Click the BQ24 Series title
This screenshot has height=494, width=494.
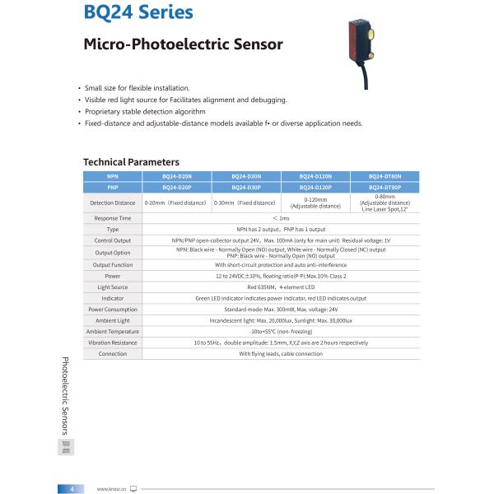[x=138, y=13]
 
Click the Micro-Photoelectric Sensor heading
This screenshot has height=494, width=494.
[x=183, y=44]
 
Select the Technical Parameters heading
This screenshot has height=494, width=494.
[x=131, y=162]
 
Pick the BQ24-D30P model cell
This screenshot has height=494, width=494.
[x=246, y=187]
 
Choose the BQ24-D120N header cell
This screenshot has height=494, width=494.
[x=315, y=176]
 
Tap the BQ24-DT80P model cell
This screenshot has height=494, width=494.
[x=384, y=187]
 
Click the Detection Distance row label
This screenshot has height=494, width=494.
[x=113, y=203]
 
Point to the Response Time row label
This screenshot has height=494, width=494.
[x=113, y=218]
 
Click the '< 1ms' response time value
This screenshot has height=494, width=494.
[x=281, y=218]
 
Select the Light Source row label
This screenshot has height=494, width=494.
[x=113, y=287]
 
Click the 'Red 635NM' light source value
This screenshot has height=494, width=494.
[x=281, y=287]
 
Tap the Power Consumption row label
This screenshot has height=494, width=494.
[x=113, y=309]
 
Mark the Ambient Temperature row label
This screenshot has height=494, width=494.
[x=113, y=331]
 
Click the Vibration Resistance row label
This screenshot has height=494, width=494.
[x=113, y=343]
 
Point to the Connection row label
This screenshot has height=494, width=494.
[x=113, y=353]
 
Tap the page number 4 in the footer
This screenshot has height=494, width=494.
[x=72, y=488]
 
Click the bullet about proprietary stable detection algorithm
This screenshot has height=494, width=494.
[x=145, y=111]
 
